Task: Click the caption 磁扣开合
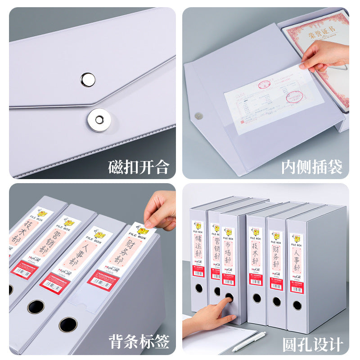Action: pyautogui.click(x=139, y=167)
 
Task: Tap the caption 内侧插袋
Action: pyautogui.click(x=312, y=167)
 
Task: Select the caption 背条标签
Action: pyautogui.click(x=139, y=341)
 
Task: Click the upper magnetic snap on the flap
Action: pyautogui.click(x=88, y=79)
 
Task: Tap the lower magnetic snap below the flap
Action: pyautogui.click(x=99, y=120)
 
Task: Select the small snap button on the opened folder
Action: pyautogui.click(x=198, y=116)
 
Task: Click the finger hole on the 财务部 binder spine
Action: pyautogui.click(x=68, y=324)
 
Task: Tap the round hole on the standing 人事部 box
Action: pyautogui.click(x=297, y=306)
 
